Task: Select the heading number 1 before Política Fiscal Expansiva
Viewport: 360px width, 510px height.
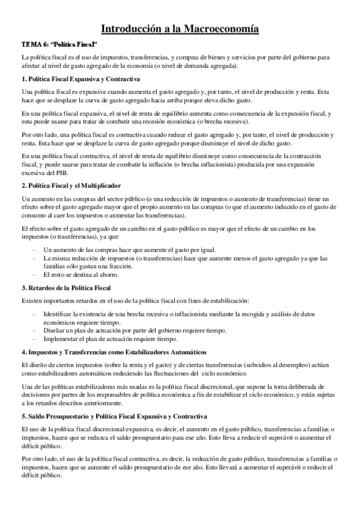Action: pos(23,79)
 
